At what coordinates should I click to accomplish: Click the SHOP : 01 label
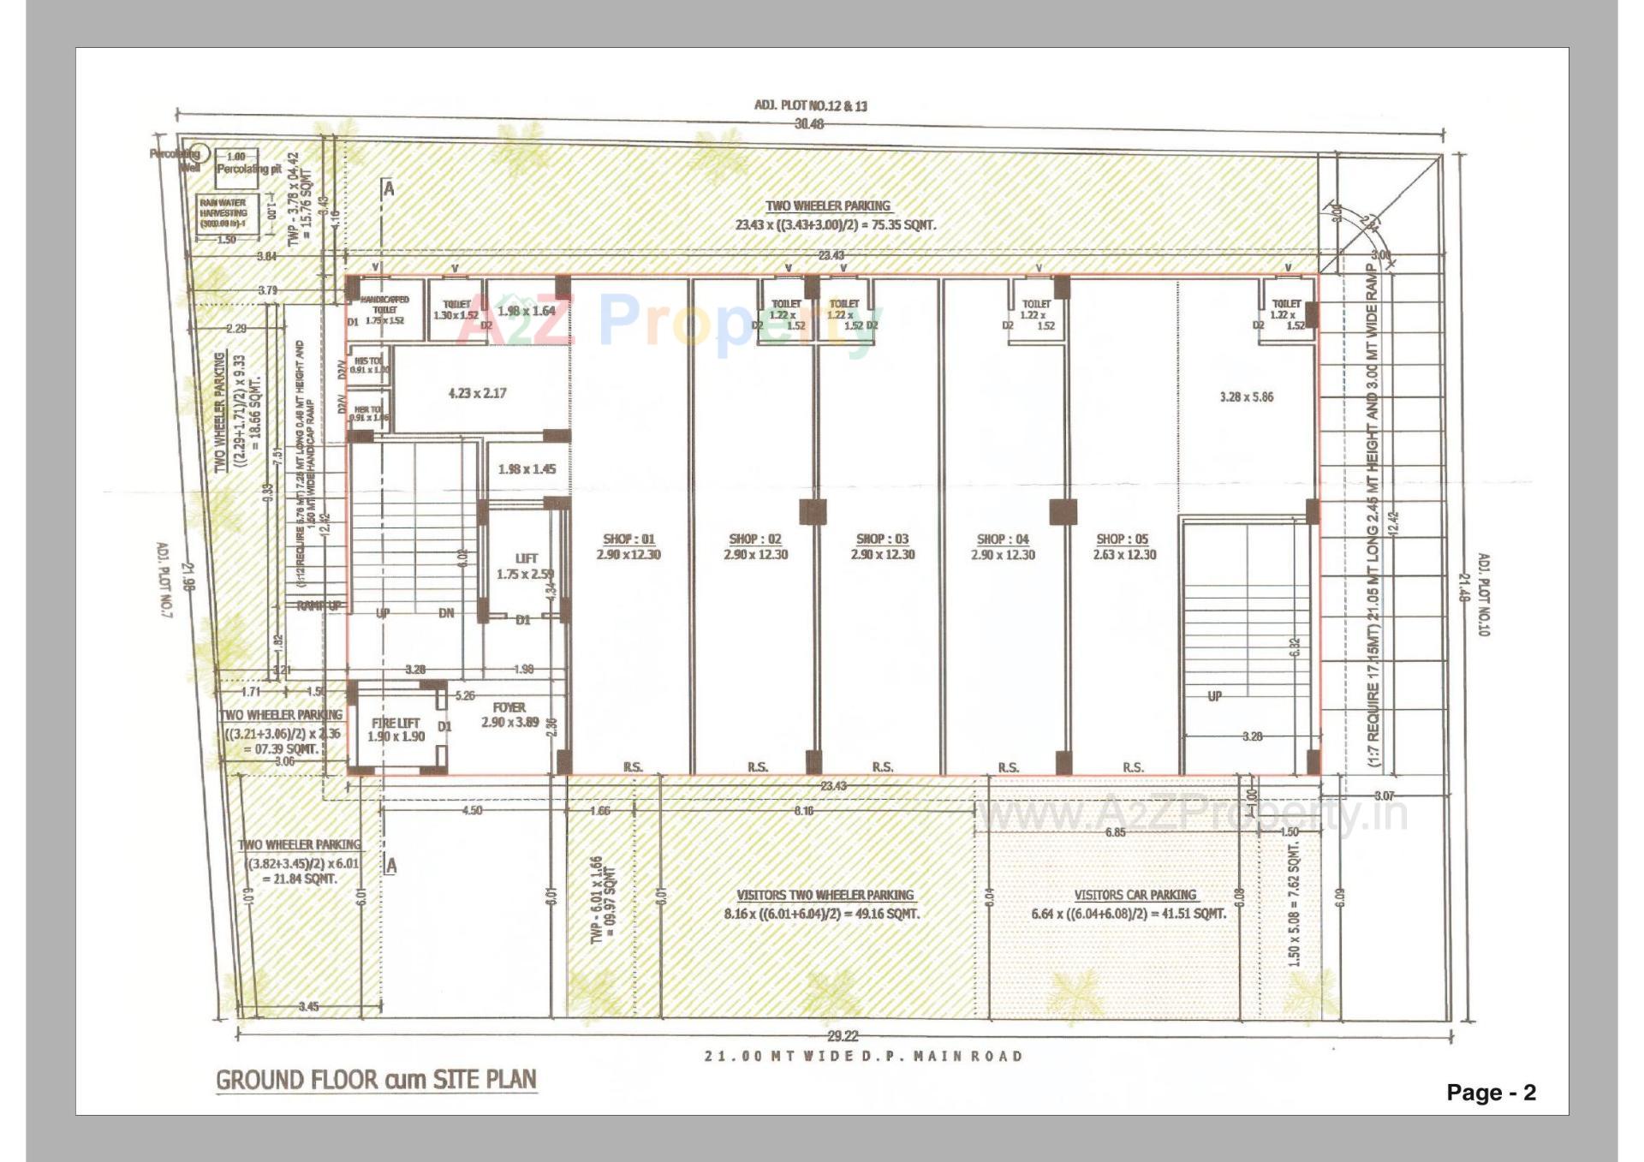(628, 539)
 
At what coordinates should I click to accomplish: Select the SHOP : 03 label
(882, 539)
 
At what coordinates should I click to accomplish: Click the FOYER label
(509, 708)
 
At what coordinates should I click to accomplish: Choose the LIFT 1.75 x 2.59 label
(526, 566)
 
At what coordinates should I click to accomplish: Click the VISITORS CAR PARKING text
(1135, 896)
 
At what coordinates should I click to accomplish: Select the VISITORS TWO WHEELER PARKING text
(825, 896)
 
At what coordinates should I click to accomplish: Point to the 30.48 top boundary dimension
(808, 124)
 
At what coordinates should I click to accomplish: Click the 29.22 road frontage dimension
(843, 1036)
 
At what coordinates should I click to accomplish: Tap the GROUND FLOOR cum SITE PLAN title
(376, 1080)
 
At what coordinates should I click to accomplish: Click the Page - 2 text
(1491, 1093)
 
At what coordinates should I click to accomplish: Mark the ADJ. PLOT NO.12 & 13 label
(810, 106)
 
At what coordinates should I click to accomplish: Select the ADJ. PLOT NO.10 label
(1484, 594)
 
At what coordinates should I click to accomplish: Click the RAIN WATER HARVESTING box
(223, 213)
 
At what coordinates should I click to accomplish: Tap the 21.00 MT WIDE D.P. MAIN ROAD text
(863, 1057)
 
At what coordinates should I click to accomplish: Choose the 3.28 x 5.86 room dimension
(1246, 397)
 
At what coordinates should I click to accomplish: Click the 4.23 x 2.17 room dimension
(477, 394)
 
